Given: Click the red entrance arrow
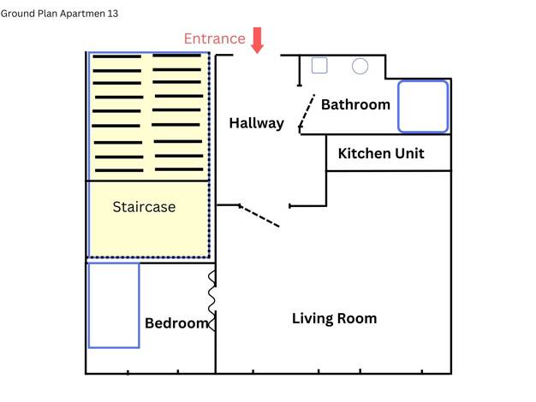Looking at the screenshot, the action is click(x=257, y=40).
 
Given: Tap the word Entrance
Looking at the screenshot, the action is click(x=215, y=38).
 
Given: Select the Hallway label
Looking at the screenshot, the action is click(x=256, y=123).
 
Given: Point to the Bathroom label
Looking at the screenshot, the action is click(x=355, y=104).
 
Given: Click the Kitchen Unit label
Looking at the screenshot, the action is click(x=381, y=153).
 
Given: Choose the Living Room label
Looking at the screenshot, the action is click(x=334, y=318).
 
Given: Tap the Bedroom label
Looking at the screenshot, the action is click(x=176, y=323).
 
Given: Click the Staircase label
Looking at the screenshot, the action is click(x=144, y=207).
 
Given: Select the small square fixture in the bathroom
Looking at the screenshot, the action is click(x=319, y=65).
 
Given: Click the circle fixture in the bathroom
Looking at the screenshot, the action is click(x=360, y=66).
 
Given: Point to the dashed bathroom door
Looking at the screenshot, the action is click(x=307, y=111).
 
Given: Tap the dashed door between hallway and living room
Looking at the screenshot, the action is click(x=259, y=216).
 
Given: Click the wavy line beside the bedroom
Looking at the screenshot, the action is click(x=211, y=300).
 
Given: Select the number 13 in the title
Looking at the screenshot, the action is click(x=113, y=14).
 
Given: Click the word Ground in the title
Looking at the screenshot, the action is click(x=18, y=14).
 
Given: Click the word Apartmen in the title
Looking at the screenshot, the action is click(x=82, y=14).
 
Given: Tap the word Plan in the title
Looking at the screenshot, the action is click(x=47, y=14).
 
